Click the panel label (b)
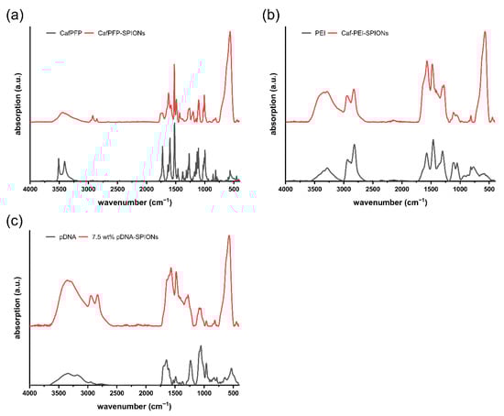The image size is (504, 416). pyautogui.click(x=267, y=12)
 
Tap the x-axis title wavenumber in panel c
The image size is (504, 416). pyautogui.click(x=134, y=405)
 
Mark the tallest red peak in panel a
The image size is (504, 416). pyautogui.click(x=230, y=32)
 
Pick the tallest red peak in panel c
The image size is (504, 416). pyautogui.click(x=229, y=236)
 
